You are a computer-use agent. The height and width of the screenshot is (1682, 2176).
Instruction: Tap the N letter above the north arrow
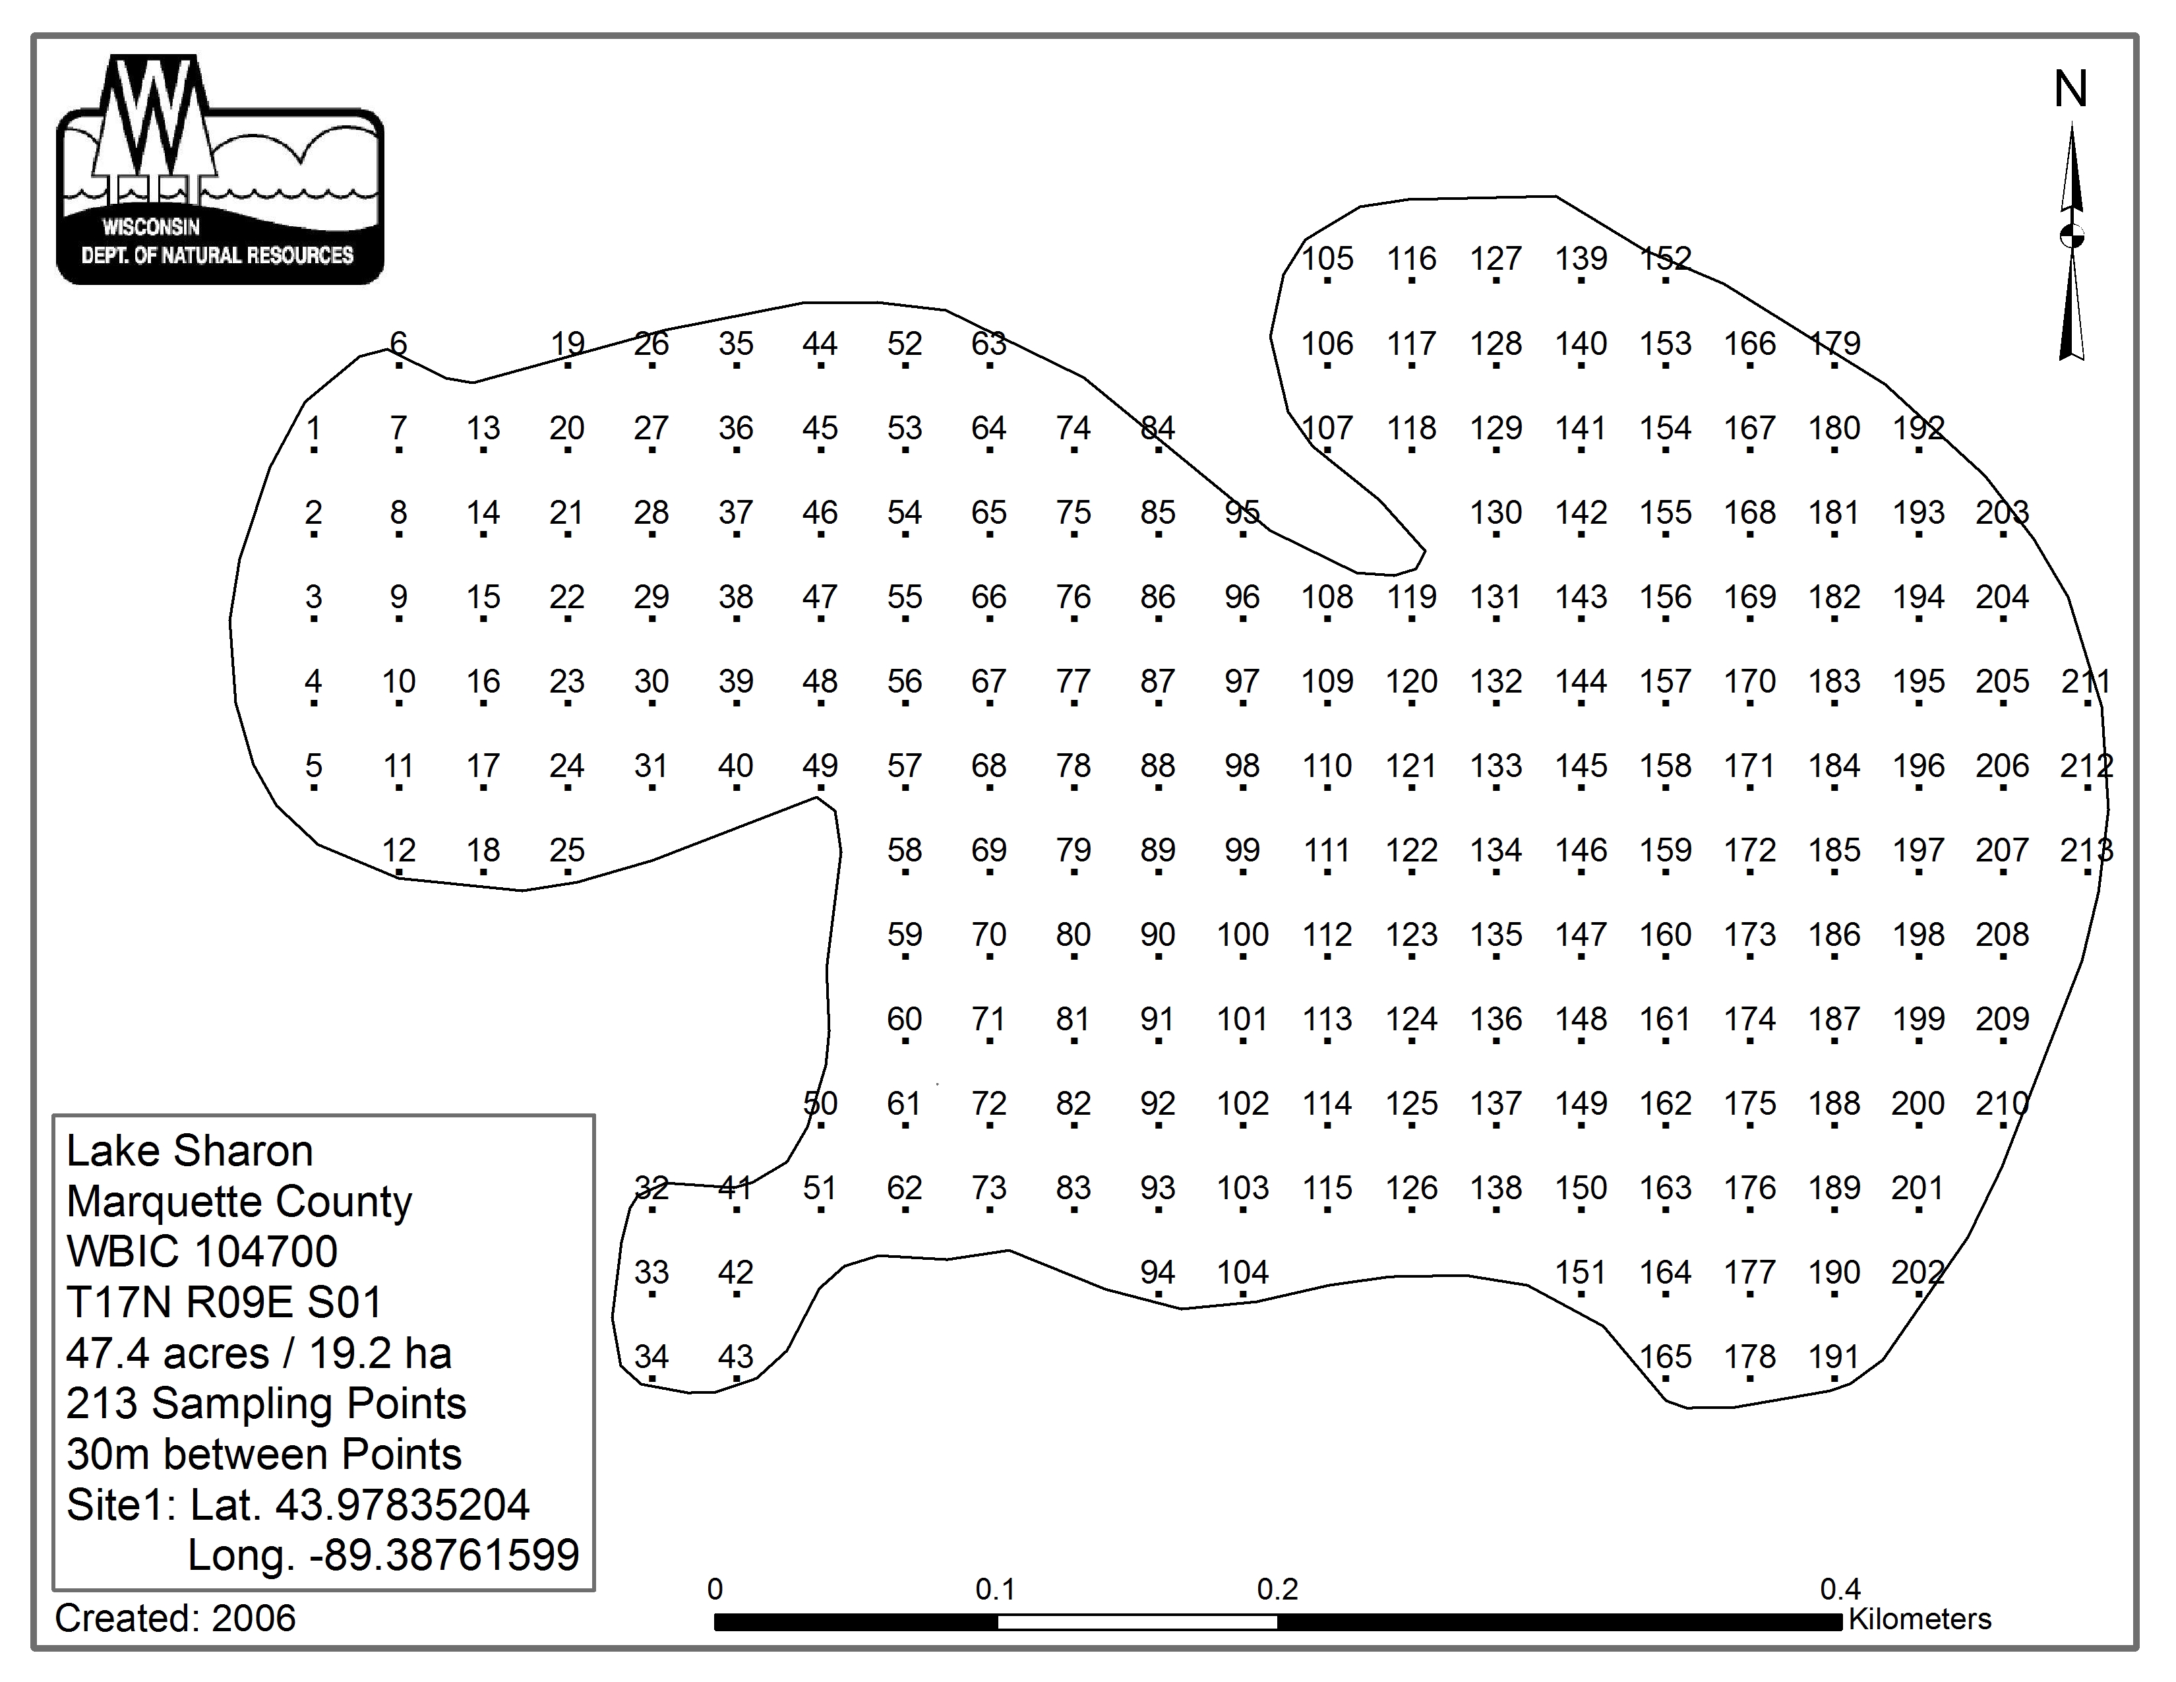tap(2070, 90)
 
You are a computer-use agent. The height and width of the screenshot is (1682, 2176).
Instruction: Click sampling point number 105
tap(1327, 259)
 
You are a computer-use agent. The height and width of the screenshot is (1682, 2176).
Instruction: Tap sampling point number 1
tap(314, 429)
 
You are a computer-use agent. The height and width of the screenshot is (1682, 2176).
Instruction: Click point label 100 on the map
tap(1242, 935)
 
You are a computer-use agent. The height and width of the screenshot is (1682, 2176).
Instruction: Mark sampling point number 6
tap(398, 344)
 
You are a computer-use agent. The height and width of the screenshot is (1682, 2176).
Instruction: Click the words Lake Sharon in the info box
tap(189, 1152)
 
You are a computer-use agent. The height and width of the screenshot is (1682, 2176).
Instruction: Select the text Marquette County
tap(239, 1202)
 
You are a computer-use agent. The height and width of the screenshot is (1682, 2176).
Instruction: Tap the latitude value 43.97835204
tap(402, 1505)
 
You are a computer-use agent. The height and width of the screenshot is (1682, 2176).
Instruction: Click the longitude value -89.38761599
tap(444, 1555)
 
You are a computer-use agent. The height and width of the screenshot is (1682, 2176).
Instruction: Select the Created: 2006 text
tap(175, 1618)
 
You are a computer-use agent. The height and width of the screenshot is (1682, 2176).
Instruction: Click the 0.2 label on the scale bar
tap(1277, 1590)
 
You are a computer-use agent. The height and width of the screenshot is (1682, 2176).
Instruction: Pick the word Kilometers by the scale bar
tap(1919, 1619)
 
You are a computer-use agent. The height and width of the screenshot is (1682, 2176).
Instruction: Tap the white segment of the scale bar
tap(1137, 1622)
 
